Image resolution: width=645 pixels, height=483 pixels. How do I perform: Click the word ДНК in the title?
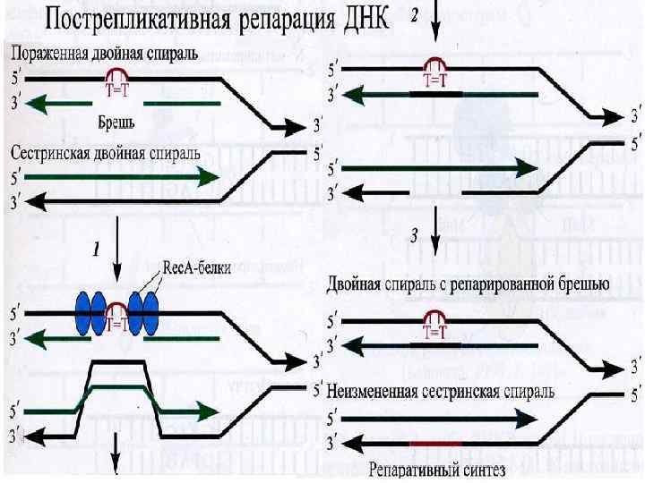tap(356, 20)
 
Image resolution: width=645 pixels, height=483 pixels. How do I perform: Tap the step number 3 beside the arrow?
tap(414, 238)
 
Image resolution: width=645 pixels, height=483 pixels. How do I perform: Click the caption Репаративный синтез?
tap(436, 470)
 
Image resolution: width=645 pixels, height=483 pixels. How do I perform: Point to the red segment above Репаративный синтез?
tap(435, 443)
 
